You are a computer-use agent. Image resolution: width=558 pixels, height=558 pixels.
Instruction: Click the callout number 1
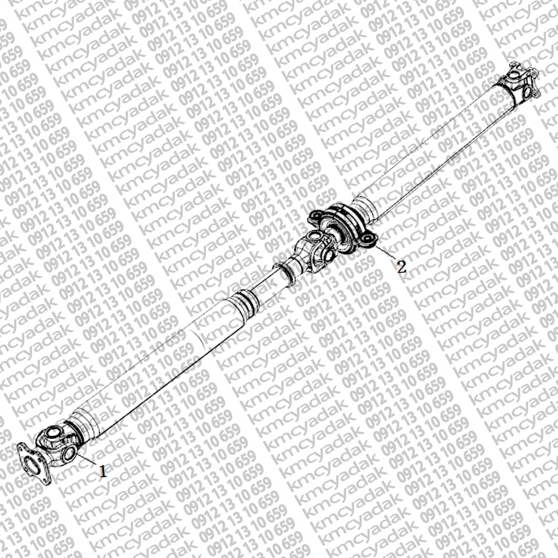pos(103,472)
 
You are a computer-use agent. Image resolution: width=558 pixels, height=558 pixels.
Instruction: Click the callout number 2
pos(401,267)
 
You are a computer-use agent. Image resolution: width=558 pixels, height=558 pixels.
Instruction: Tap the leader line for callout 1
pos(87,459)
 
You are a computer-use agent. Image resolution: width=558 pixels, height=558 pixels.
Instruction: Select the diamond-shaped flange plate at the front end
pos(34,462)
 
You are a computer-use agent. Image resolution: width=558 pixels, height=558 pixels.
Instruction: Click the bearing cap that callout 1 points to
pos(69,453)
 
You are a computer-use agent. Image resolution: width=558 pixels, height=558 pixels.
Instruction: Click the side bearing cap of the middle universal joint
pos(329,254)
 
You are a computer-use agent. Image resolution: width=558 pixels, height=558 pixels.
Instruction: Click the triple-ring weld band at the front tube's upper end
pos(246,302)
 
